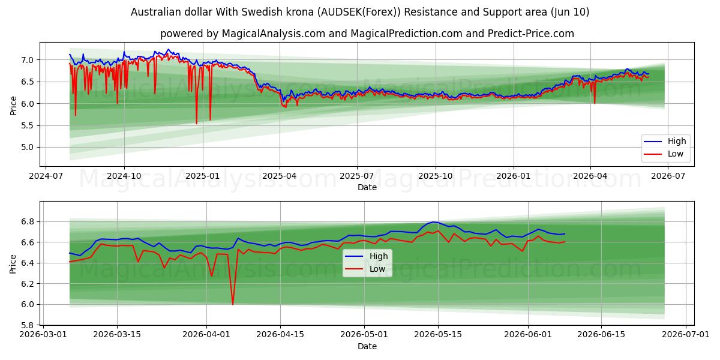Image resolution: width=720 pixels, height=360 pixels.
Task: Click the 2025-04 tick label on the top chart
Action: [280, 176]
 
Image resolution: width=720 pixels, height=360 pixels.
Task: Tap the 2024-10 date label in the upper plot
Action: [124, 176]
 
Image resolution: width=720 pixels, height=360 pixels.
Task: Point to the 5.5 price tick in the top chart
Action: [28, 125]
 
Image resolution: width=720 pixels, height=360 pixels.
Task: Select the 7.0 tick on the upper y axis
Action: [28, 60]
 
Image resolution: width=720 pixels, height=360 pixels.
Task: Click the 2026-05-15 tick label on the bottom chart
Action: [438, 335]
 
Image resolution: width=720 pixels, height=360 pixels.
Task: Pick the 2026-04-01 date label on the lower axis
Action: [206, 335]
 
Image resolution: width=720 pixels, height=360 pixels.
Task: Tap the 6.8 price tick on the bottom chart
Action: [28, 222]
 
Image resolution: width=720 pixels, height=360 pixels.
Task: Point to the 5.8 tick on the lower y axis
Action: [28, 325]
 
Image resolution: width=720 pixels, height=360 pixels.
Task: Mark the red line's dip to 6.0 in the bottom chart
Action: [233, 304]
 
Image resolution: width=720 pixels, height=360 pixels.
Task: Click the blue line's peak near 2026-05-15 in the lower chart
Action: [434, 222]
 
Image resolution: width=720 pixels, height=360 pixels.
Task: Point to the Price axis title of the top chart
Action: [13, 106]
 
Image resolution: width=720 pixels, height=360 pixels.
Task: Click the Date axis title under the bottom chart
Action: [367, 346]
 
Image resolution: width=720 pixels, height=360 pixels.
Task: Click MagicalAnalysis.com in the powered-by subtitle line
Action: [274, 34]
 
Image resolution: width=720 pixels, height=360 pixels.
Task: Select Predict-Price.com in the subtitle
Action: [530, 34]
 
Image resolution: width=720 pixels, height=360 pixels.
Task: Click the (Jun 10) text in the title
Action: [570, 12]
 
